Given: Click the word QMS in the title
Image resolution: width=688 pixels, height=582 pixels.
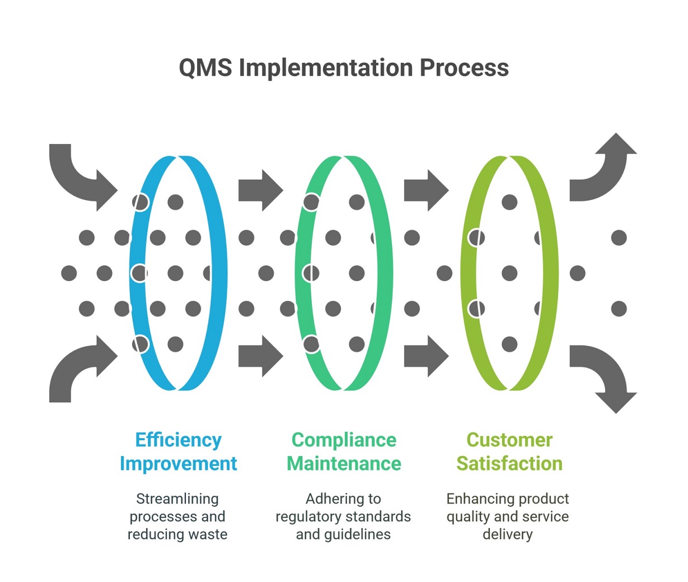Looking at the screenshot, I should click(205, 68).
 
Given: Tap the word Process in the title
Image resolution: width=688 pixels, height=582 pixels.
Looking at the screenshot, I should click(464, 68).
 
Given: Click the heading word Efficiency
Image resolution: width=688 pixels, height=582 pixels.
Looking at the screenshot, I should click(179, 440).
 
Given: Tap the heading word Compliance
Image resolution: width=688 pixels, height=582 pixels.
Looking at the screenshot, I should click(344, 440).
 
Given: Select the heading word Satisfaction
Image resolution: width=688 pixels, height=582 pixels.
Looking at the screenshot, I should click(509, 464).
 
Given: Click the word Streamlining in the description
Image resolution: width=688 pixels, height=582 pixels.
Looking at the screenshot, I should click(177, 499).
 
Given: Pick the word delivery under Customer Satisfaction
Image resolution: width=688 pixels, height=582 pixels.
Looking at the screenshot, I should click(507, 534).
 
